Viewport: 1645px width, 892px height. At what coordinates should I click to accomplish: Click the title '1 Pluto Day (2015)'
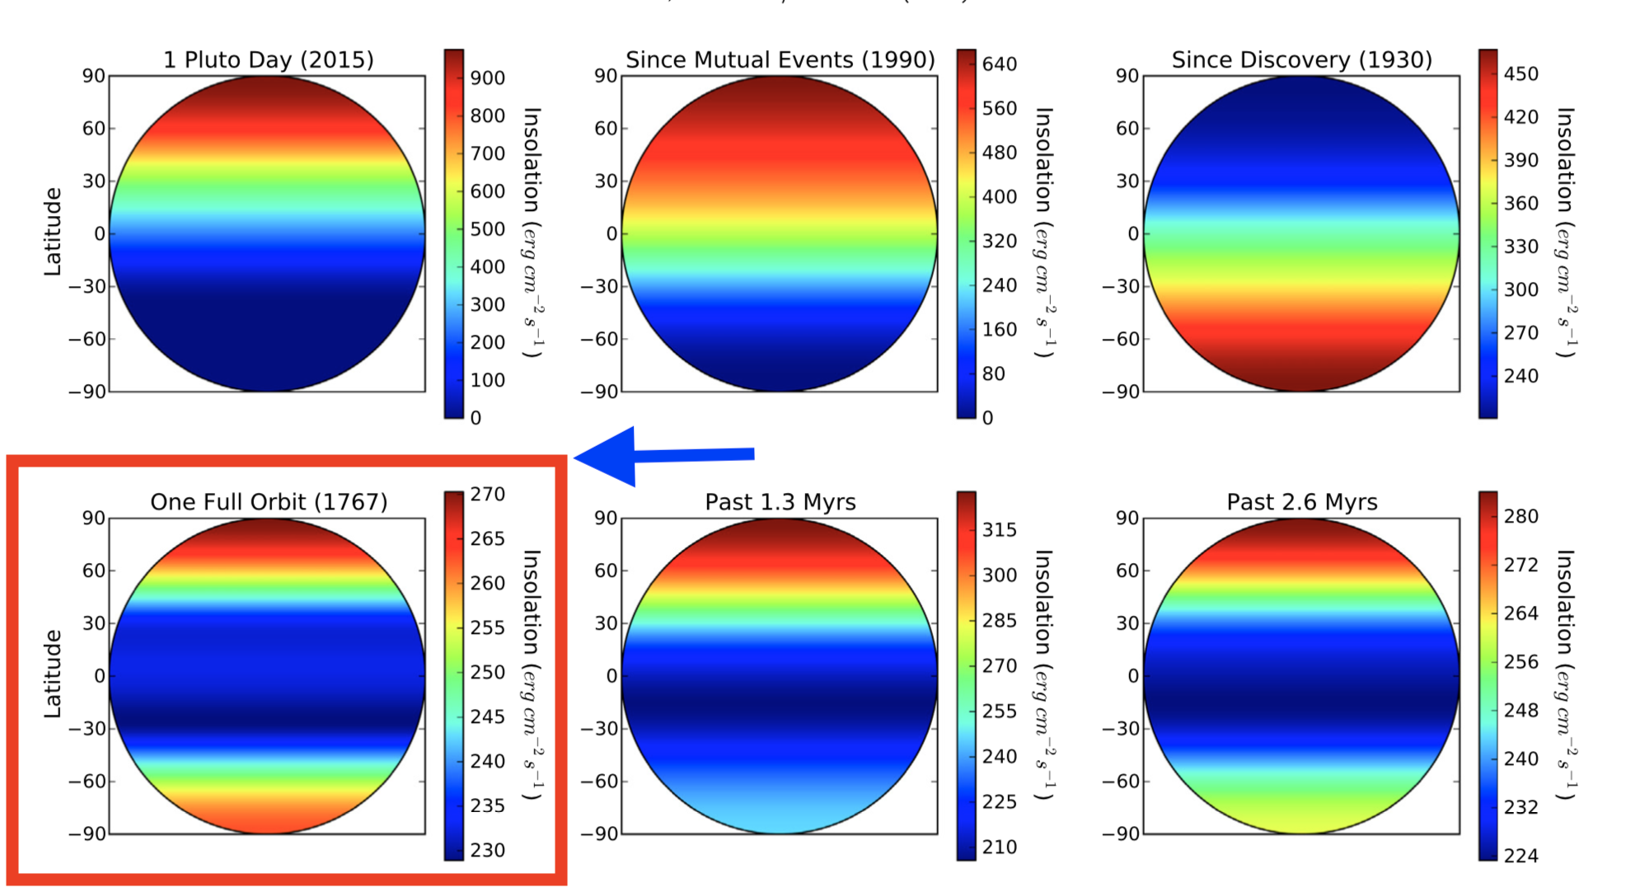point(268,60)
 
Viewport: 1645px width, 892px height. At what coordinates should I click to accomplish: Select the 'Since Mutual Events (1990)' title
point(780,60)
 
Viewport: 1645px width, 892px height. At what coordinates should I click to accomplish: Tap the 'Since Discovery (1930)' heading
point(1301,60)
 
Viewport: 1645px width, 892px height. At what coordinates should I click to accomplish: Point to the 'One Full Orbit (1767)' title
point(268,502)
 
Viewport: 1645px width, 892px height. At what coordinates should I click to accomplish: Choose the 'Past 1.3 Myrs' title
point(780,502)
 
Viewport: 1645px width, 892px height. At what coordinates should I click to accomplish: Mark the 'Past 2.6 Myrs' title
point(1301,502)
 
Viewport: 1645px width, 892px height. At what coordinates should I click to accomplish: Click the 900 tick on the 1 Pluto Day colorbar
point(487,78)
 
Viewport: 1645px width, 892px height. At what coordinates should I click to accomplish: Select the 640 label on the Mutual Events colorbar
point(999,64)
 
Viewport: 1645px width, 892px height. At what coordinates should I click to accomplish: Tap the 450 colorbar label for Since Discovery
point(1521,74)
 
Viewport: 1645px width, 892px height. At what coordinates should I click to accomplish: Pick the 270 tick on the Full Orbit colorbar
point(487,495)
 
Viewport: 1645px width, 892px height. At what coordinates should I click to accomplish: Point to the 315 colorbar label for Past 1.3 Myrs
point(999,530)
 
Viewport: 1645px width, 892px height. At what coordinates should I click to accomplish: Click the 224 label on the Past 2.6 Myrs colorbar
point(1521,856)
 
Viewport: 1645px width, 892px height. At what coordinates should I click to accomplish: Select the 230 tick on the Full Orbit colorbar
point(487,850)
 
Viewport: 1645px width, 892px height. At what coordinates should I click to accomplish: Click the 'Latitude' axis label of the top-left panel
point(53,232)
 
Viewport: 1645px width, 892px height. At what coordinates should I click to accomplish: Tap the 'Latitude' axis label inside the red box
point(53,674)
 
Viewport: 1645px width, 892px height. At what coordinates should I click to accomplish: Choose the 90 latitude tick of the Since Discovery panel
point(1127,76)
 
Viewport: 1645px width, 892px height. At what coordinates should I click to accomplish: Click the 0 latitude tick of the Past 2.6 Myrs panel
point(1132,676)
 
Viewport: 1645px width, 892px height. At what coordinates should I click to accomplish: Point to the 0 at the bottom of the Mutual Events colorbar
point(987,418)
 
